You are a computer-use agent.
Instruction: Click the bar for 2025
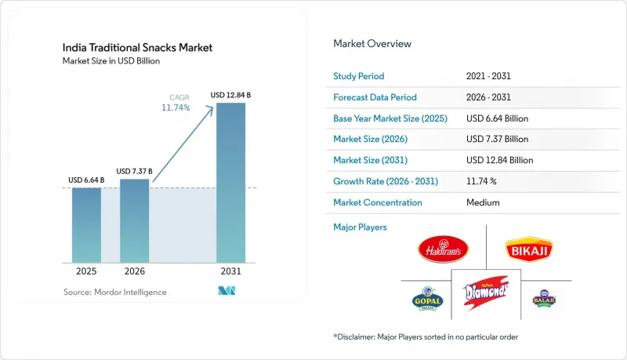pyautogui.click(x=86, y=225)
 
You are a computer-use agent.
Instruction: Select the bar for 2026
pyautogui.click(x=134, y=221)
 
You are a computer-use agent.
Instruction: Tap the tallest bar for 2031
pyautogui.click(x=230, y=183)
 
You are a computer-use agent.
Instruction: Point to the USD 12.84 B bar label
pyautogui.click(x=230, y=95)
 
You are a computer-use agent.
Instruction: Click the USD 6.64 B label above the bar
pyautogui.click(x=86, y=180)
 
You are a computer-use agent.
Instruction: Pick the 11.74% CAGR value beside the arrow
pyautogui.click(x=176, y=107)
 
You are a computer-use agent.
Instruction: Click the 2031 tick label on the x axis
pyautogui.click(x=230, y=271)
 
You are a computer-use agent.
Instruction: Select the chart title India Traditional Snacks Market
pyautogui.click(x=137, y=48)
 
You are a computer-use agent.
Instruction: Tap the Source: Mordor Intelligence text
pyautogui.click(x=114, y=293)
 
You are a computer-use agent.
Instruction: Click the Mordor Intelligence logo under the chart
pyautogui.click(x=227, y=291)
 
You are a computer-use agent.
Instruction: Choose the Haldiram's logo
pyautogui.click(x=443, y=249)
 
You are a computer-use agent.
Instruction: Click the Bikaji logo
pyautogui.click(x=529, y=249)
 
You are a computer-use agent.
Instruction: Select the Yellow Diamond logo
pyautogui.click(x=486, y=293)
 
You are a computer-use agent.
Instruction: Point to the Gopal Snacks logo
pyautogui.click(x=427, y=299)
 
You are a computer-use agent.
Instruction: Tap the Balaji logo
pyautogui.click(x=544, y=298)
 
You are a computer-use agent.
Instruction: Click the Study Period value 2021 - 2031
pyautogui.click(x=488, y=76)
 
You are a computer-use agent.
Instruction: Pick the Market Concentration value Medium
pyautogui.click(x=483, y=203)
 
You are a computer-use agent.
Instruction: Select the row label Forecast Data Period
pyautogui.click(x=375, y=97)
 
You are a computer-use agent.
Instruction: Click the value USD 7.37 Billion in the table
pyautogui.click(x=497, y=139)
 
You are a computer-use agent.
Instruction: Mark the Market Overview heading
pyautogui.click(x=371, y=44)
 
